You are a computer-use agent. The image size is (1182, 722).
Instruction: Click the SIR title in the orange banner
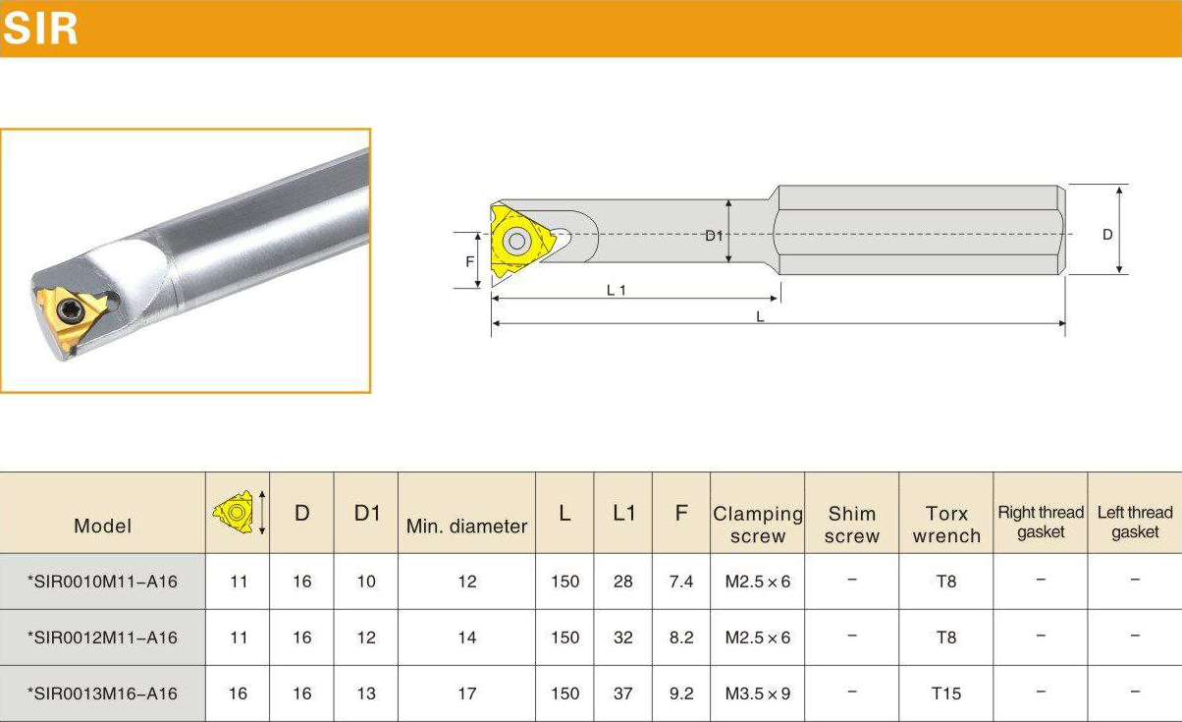click(40, 28)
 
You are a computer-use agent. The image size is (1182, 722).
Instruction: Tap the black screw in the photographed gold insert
click(70, 309)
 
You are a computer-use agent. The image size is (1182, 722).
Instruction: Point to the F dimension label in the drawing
click(469, 261)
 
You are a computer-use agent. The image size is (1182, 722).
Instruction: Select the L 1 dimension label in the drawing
click(616, 290)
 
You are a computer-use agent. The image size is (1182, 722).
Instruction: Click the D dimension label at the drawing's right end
click(1107, 234)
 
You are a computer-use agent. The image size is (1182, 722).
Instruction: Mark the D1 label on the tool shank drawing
click(714, 236)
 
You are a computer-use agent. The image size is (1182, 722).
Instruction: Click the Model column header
click(102, 526)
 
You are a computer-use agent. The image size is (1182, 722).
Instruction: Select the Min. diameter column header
click(466, 527)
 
